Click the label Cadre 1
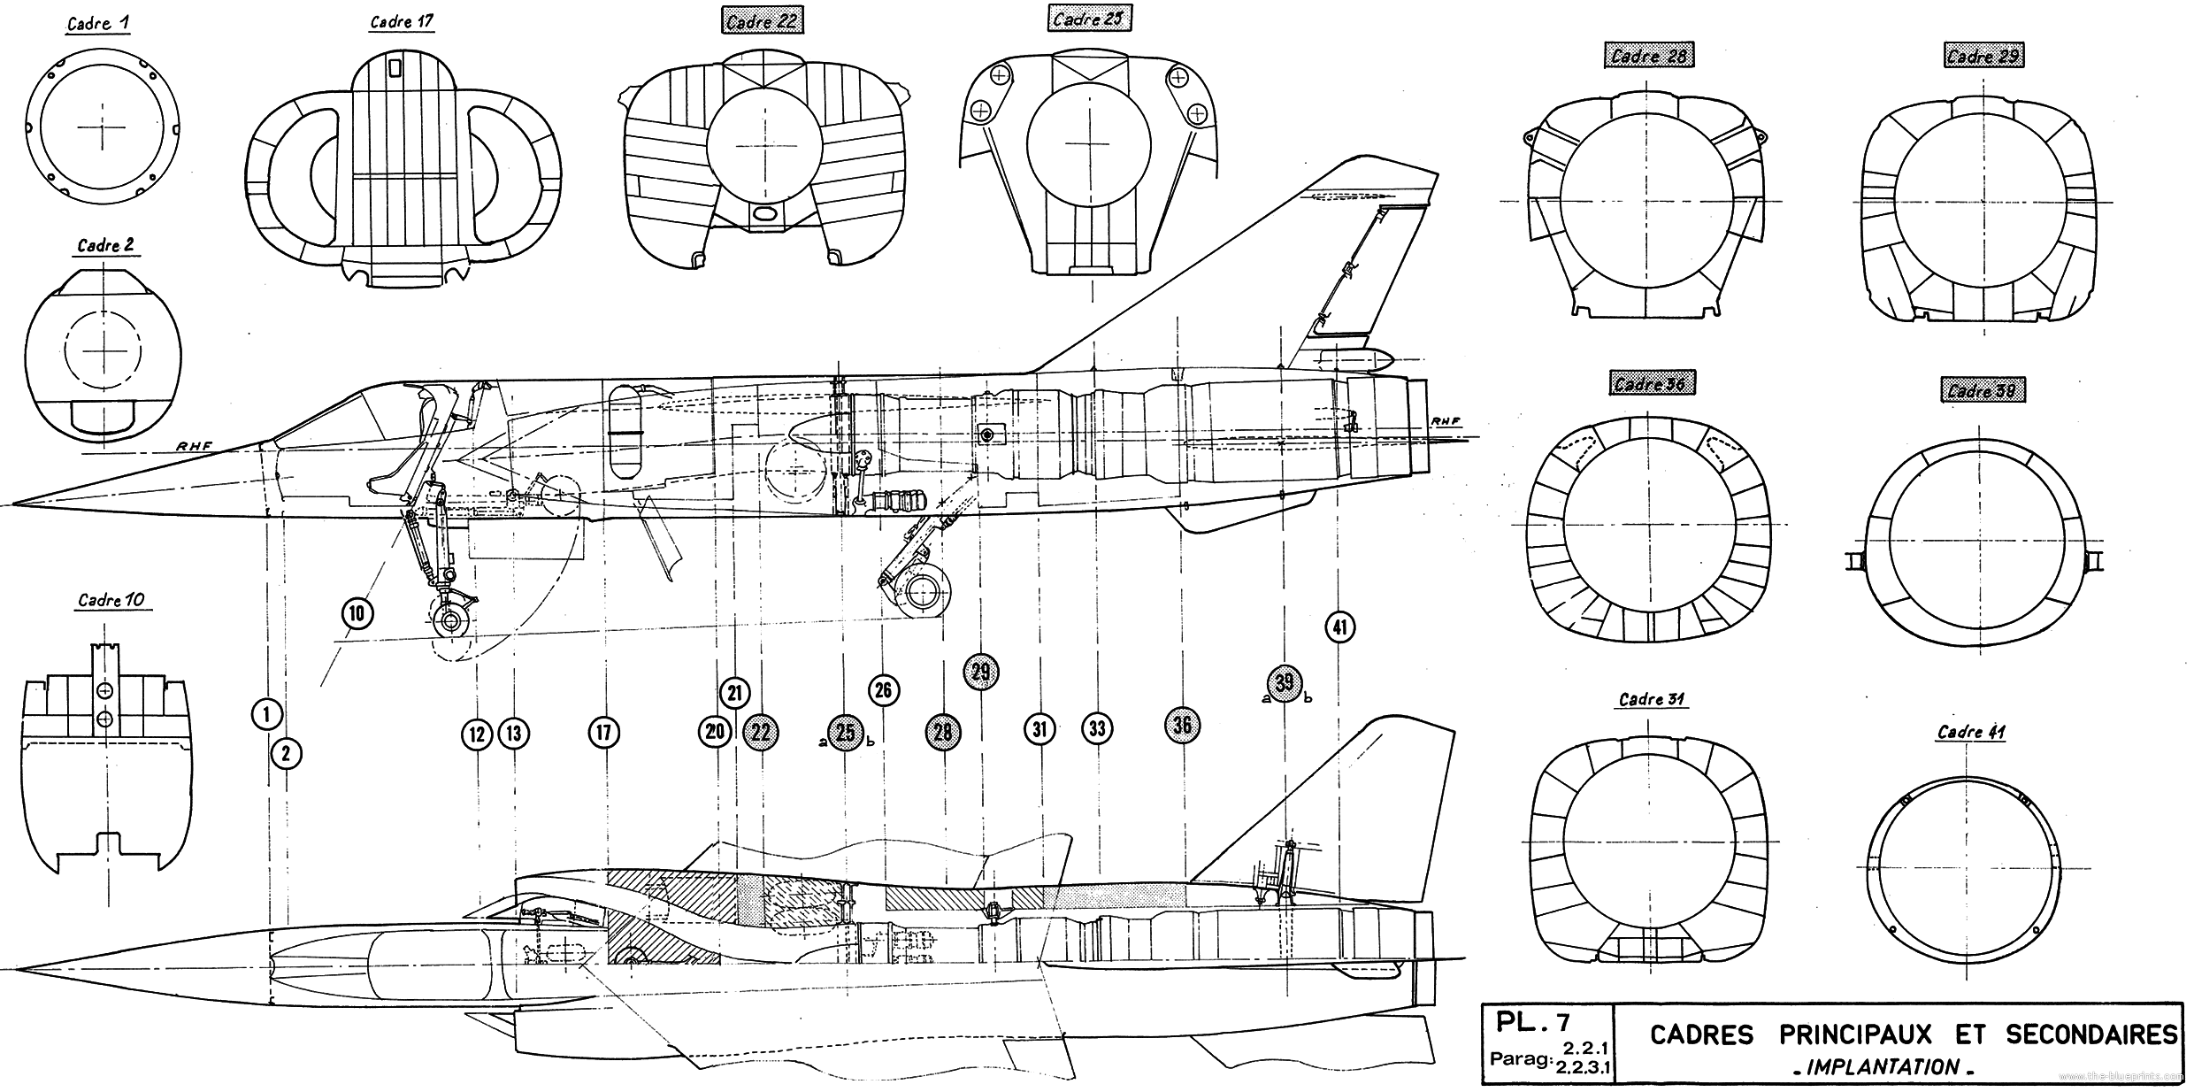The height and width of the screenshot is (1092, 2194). pyautogui.click(x=99, y=24)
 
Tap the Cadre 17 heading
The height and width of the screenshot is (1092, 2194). pyautogui.click(x=401, y=21)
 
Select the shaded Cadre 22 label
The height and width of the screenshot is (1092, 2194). pyautogui.click(x=761, y=21)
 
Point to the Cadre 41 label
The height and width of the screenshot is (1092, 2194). pyautogui.click(x=1971, y=731)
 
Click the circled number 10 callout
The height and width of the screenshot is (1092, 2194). pyautogui.click(x=357, y=613)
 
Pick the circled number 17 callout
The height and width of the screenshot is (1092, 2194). pyautogui.click(x=603, y=732)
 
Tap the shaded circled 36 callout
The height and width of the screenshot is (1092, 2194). pyautogui.click(x=1182, y=726)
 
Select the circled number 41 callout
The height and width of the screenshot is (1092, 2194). pyautogui.click(x=1340, y=627)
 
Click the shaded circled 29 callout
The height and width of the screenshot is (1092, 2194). pyautogui.click(x=980, y=672)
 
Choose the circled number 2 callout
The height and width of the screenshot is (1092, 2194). pyautogui.click(x=286, y=754)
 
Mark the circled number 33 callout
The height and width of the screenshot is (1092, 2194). pyautogui.click(x=1097, y=728)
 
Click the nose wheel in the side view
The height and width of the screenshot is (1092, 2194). pyautogui.click(x=452, y=620)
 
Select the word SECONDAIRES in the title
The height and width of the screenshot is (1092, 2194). pyautogui.click(x=2091, y=1034)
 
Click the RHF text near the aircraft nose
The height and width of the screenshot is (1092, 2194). pyautogui.click(x=193, y=446)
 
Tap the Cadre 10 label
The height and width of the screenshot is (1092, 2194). pyautogui.click(x=111, y=600)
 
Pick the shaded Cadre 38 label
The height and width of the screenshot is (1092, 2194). pyautogui.click(x=1982, y=390)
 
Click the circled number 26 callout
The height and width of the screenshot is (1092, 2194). pyautogui.click(x=883, y=690)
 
